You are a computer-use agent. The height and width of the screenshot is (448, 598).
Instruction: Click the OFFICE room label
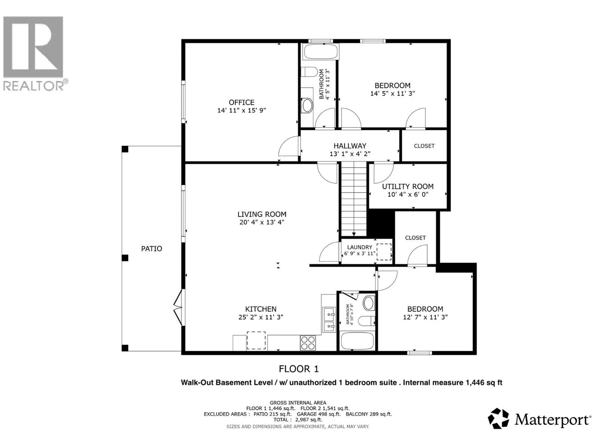coord(241,103)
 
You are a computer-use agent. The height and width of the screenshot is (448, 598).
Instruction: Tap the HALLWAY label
coord(350,146)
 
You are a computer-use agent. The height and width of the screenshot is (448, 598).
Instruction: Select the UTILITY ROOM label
coord(407,187)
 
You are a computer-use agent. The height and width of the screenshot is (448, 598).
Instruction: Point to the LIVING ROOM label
coord(262,214)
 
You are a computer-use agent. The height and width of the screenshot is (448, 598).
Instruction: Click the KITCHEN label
coord(261,309)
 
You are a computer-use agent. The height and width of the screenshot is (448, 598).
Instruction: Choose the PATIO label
coord(151,249)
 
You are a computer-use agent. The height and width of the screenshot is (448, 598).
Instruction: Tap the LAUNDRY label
coord(360,247)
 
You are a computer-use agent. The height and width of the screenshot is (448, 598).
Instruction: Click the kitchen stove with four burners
coord(308,343)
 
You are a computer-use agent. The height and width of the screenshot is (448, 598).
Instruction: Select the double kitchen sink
coord(329,320)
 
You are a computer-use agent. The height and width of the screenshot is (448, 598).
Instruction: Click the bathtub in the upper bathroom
coord(321,52)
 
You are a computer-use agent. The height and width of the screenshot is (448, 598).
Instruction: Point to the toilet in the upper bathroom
coord(309,72)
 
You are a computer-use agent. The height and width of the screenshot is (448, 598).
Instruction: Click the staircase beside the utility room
coord(354,199)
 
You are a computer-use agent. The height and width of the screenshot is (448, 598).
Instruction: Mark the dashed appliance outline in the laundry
coord(384,252)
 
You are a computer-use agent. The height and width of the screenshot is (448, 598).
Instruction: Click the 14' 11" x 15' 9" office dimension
coord(241,111)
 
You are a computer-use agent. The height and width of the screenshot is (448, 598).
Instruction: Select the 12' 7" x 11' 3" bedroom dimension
coord(425,317)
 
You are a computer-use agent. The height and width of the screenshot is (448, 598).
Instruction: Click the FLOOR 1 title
coord(299,369)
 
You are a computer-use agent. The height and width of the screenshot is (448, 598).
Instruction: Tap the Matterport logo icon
coord(498,419)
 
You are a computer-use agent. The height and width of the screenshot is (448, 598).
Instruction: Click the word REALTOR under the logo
coord(34,86)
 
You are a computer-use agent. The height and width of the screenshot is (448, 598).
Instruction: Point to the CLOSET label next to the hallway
coord(424,146)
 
